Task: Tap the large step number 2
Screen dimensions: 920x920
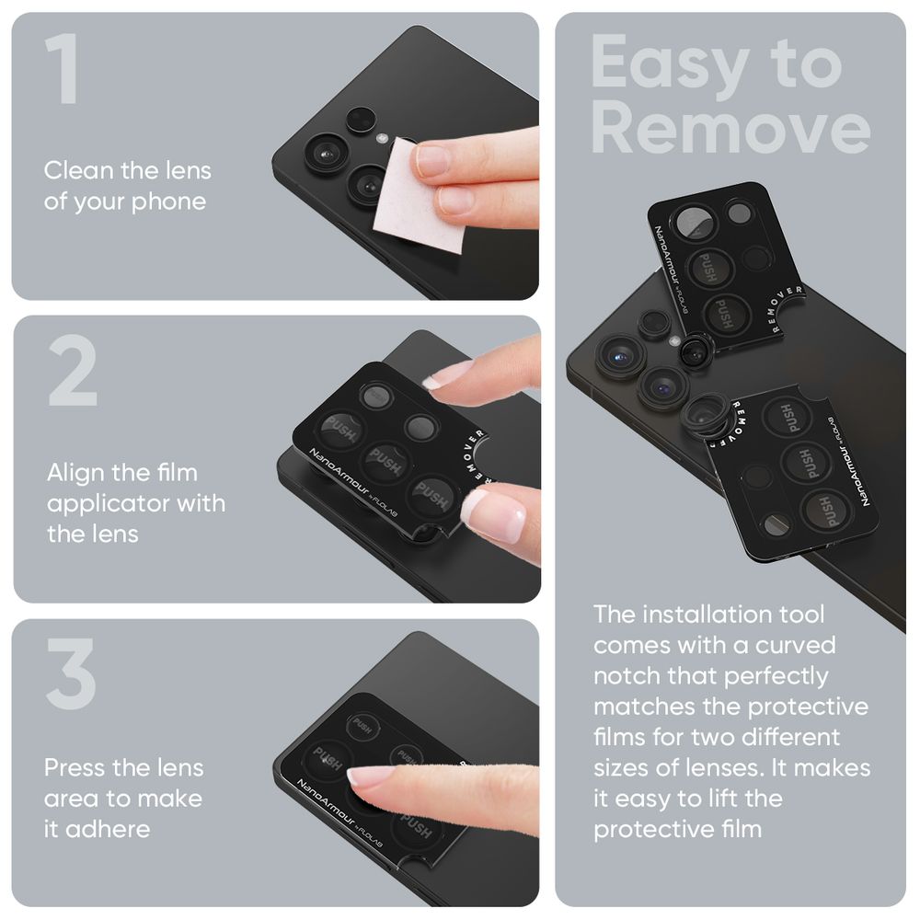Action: click(73, 373)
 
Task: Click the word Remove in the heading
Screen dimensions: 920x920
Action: click(730, 129)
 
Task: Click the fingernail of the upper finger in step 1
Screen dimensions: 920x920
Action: click(432, 160)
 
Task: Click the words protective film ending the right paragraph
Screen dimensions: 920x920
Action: click(677, 829)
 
